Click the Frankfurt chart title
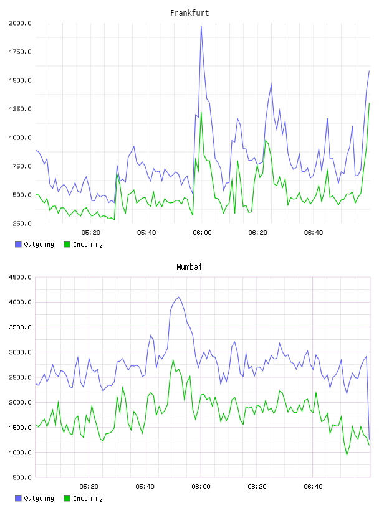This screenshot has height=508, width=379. (x=189, y=13)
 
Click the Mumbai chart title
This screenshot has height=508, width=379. (x=189, y=267)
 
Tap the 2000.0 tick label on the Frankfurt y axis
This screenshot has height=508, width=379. (x=20, y=23)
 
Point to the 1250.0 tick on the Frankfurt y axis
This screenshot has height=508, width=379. (x=20, y=109)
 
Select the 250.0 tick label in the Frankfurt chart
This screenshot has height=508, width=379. (x=22, y=223)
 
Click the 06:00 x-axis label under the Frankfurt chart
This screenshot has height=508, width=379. (x=202, y=233)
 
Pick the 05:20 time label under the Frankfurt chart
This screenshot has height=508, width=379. (x=91, y=233)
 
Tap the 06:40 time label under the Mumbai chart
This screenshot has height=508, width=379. (x=313, y=487)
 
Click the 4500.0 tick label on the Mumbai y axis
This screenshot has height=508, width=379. (x=20, y=277)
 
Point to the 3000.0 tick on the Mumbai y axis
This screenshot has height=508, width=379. (x=20, y=352)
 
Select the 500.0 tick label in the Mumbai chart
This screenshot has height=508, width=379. (x=22, y=477)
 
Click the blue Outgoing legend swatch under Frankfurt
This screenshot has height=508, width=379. (x=18, y=244)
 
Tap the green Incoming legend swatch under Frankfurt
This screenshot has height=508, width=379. (x=67, y=244)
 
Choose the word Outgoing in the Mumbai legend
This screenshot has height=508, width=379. (x=39, y=498)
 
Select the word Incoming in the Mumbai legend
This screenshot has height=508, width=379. (x=88, y=498)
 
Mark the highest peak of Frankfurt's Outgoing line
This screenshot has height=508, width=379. (x=201, y=27)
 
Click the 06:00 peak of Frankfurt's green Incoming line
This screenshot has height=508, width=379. (x=201, y=113)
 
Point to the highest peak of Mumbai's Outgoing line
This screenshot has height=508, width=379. (x=178, y=297)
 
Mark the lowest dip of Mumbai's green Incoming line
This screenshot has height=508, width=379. (x=347, y=455)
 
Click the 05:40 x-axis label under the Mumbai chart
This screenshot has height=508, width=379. (x=145, y=487)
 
